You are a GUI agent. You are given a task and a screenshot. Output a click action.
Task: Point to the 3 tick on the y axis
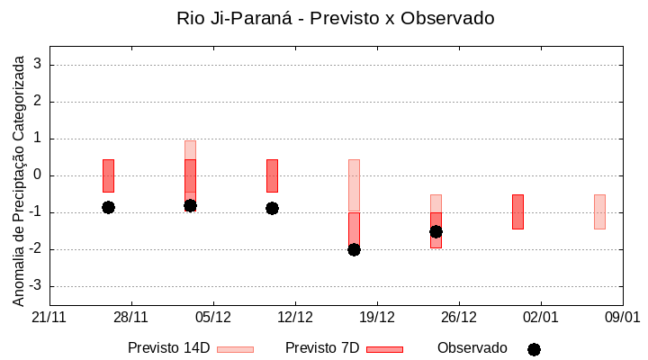38,65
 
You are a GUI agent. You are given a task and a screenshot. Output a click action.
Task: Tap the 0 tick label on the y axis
38,175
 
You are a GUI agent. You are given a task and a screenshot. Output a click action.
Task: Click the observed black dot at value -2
354,249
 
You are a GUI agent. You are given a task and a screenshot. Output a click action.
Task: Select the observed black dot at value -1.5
436,231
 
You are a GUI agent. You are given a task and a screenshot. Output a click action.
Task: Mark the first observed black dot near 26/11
108,207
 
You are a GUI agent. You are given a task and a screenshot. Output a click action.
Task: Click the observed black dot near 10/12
272,208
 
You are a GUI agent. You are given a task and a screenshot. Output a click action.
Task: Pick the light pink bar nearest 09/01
599,211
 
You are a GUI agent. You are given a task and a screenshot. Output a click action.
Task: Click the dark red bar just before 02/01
517,211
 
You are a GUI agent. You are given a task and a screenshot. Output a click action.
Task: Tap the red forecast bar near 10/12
272,175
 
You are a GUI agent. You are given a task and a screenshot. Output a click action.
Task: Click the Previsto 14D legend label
168,348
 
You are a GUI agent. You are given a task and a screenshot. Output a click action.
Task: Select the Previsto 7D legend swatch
384,349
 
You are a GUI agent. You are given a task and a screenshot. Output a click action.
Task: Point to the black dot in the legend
534,349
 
